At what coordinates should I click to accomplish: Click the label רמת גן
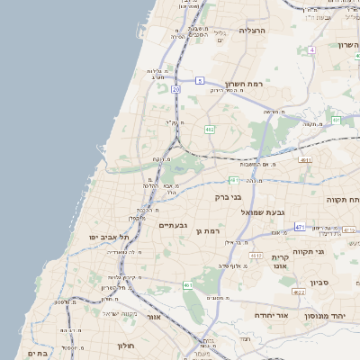[208, 232]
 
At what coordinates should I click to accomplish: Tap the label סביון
[320, 283]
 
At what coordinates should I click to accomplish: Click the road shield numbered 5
[200, 80]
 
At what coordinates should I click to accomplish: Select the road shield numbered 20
[176, 90]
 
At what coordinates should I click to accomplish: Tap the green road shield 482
[210, 130]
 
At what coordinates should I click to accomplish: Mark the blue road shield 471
[300, 227]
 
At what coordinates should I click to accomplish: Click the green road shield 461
[188, 285]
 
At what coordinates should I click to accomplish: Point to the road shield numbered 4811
[305, 161]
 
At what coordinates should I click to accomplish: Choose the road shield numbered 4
[311, 49]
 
